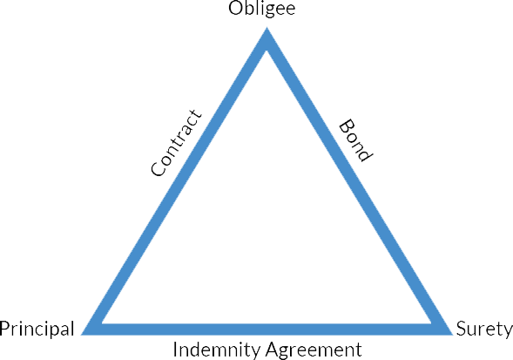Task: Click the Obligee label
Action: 262,10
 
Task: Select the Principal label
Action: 37,329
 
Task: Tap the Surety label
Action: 484,329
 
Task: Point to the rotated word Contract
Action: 176,143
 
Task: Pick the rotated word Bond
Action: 355,140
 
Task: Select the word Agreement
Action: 314,350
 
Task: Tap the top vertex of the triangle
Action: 267,28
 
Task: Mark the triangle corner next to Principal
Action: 82,335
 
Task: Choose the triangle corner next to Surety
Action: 452,335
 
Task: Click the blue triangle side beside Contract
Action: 174,181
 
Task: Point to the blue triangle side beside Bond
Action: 359,181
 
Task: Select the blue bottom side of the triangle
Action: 267,329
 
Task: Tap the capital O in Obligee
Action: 235,9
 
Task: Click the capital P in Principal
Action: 4,329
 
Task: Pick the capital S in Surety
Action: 462,329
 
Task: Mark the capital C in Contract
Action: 158,168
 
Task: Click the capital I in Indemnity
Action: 175,350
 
